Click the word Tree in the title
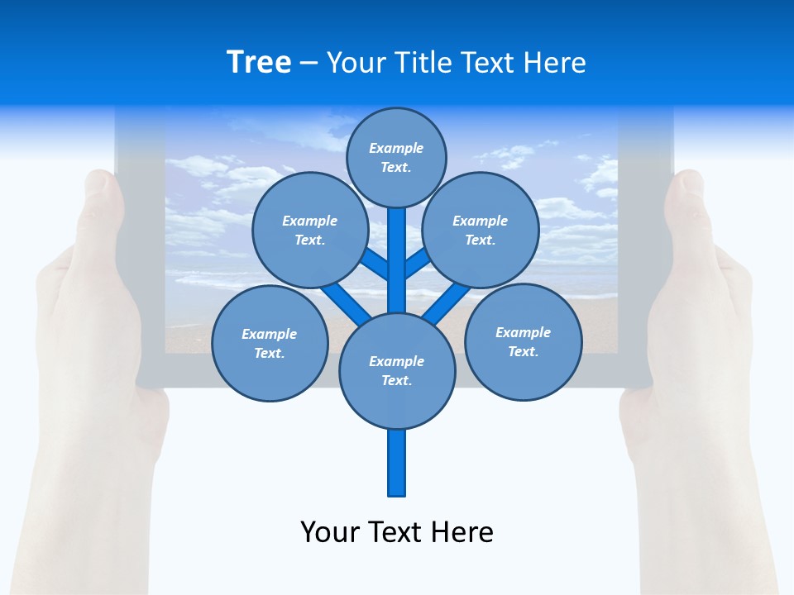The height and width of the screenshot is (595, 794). point(259,62)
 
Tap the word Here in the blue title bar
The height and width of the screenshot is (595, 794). point(555,63)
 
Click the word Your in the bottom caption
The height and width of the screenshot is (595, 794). point(331,531)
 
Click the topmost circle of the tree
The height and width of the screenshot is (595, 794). point(396,157)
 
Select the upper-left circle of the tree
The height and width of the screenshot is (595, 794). point(309,230)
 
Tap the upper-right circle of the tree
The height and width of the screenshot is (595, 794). point(481,230)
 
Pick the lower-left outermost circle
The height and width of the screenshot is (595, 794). point(270,343)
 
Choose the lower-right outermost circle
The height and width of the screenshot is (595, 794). point(523,341)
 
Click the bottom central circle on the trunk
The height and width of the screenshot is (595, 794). point(397,370)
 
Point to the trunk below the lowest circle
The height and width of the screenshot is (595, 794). point(397,463)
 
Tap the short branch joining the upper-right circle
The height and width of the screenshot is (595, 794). point(417,263)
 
